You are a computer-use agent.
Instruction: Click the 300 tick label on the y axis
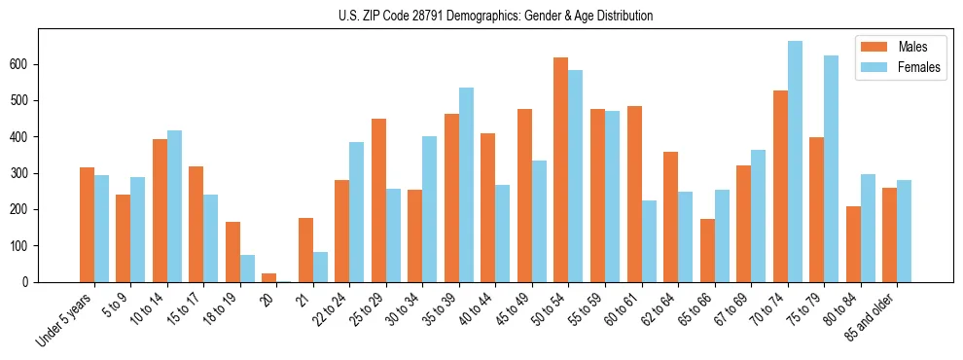point(21,173)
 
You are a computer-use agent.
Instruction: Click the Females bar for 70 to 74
point(795,162)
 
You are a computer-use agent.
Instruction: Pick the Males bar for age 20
point(269,278)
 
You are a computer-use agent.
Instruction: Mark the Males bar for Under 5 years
point(87,225)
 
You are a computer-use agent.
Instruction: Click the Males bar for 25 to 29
point(378,200)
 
